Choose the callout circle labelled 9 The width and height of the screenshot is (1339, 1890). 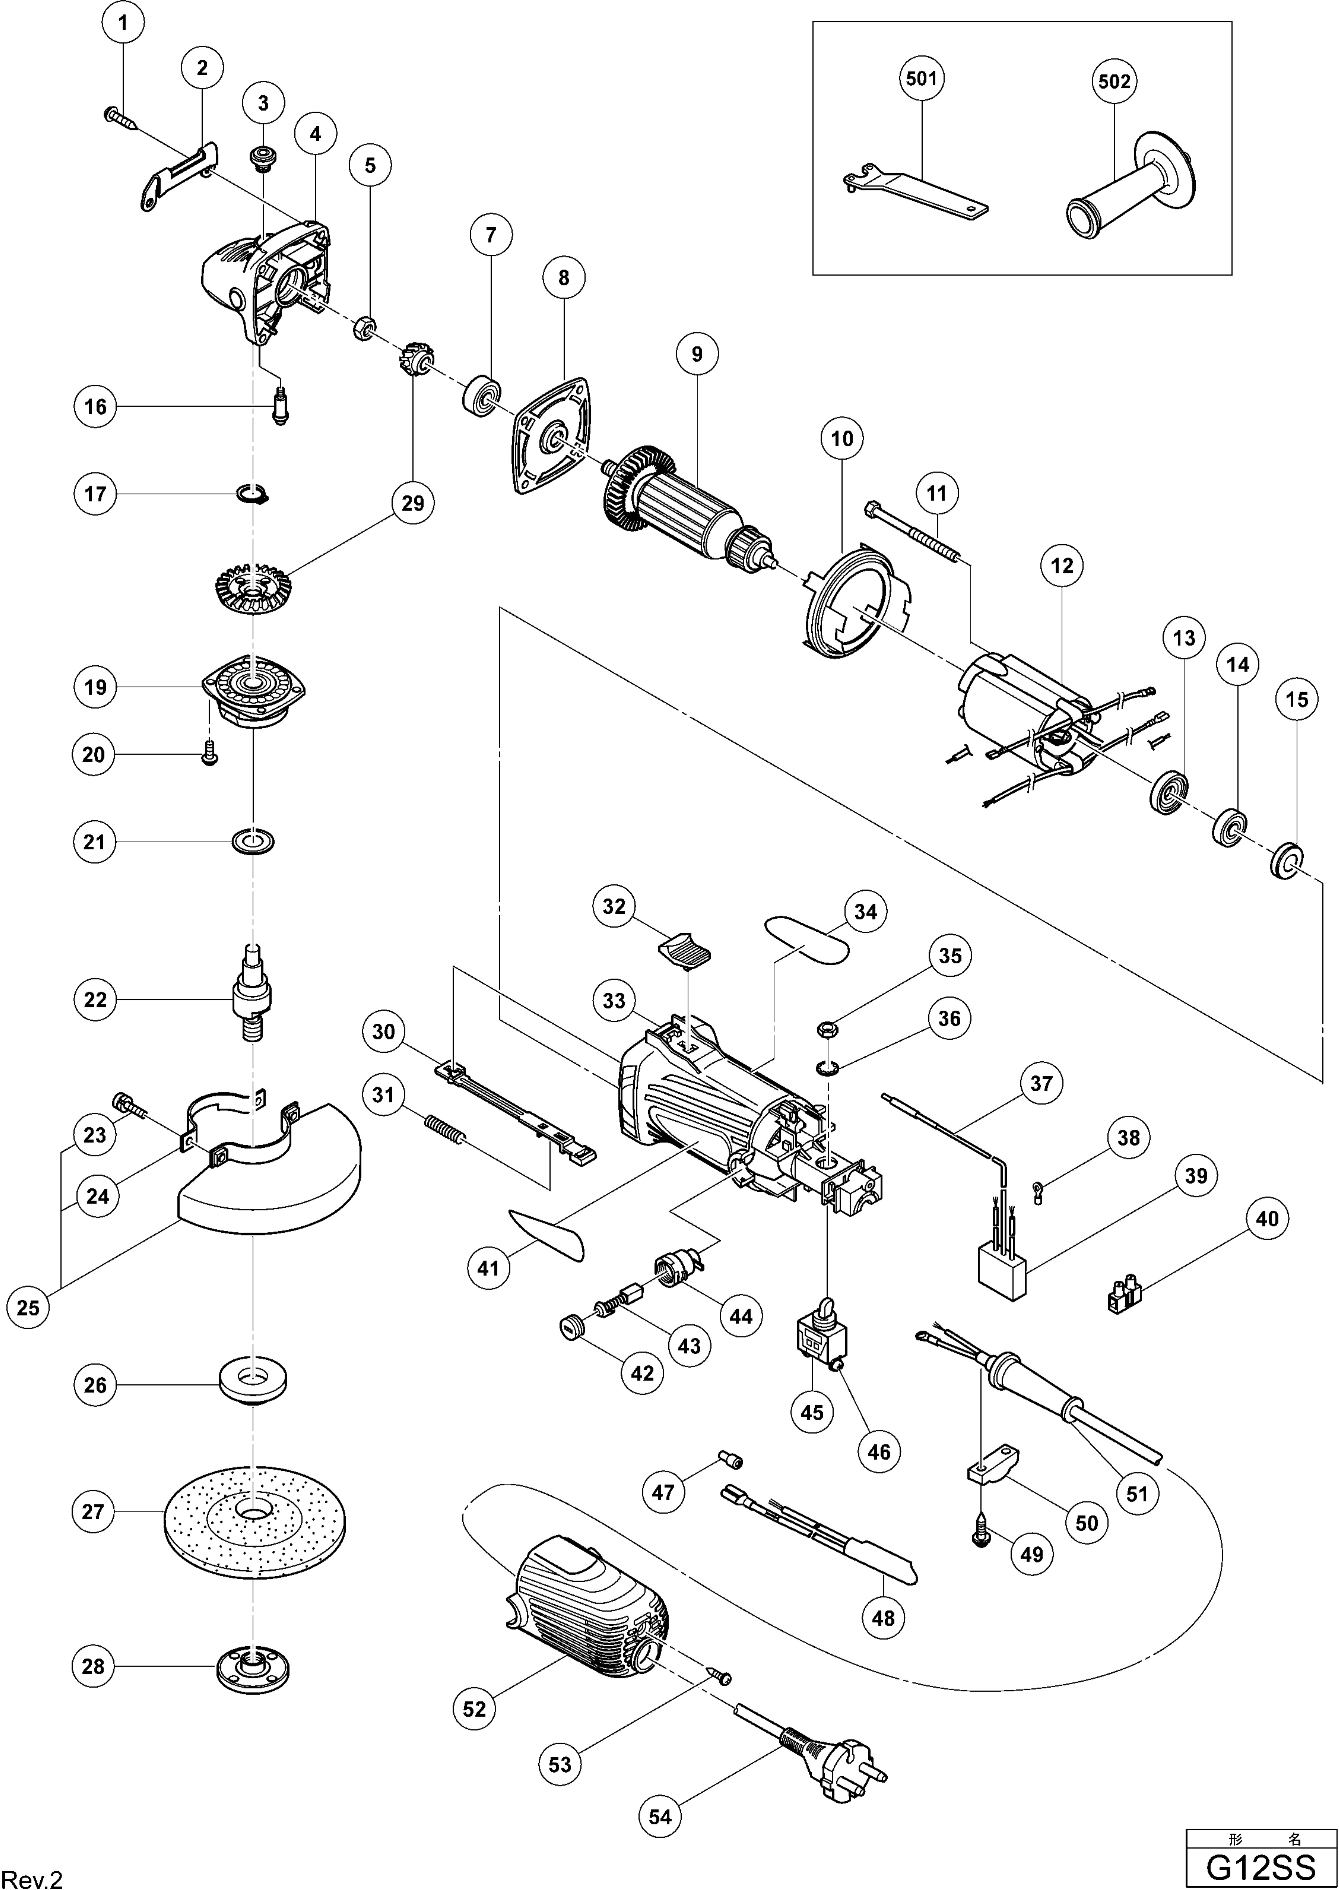pos(697,355)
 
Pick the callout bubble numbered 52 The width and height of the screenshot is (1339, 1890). pos(475,1710)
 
